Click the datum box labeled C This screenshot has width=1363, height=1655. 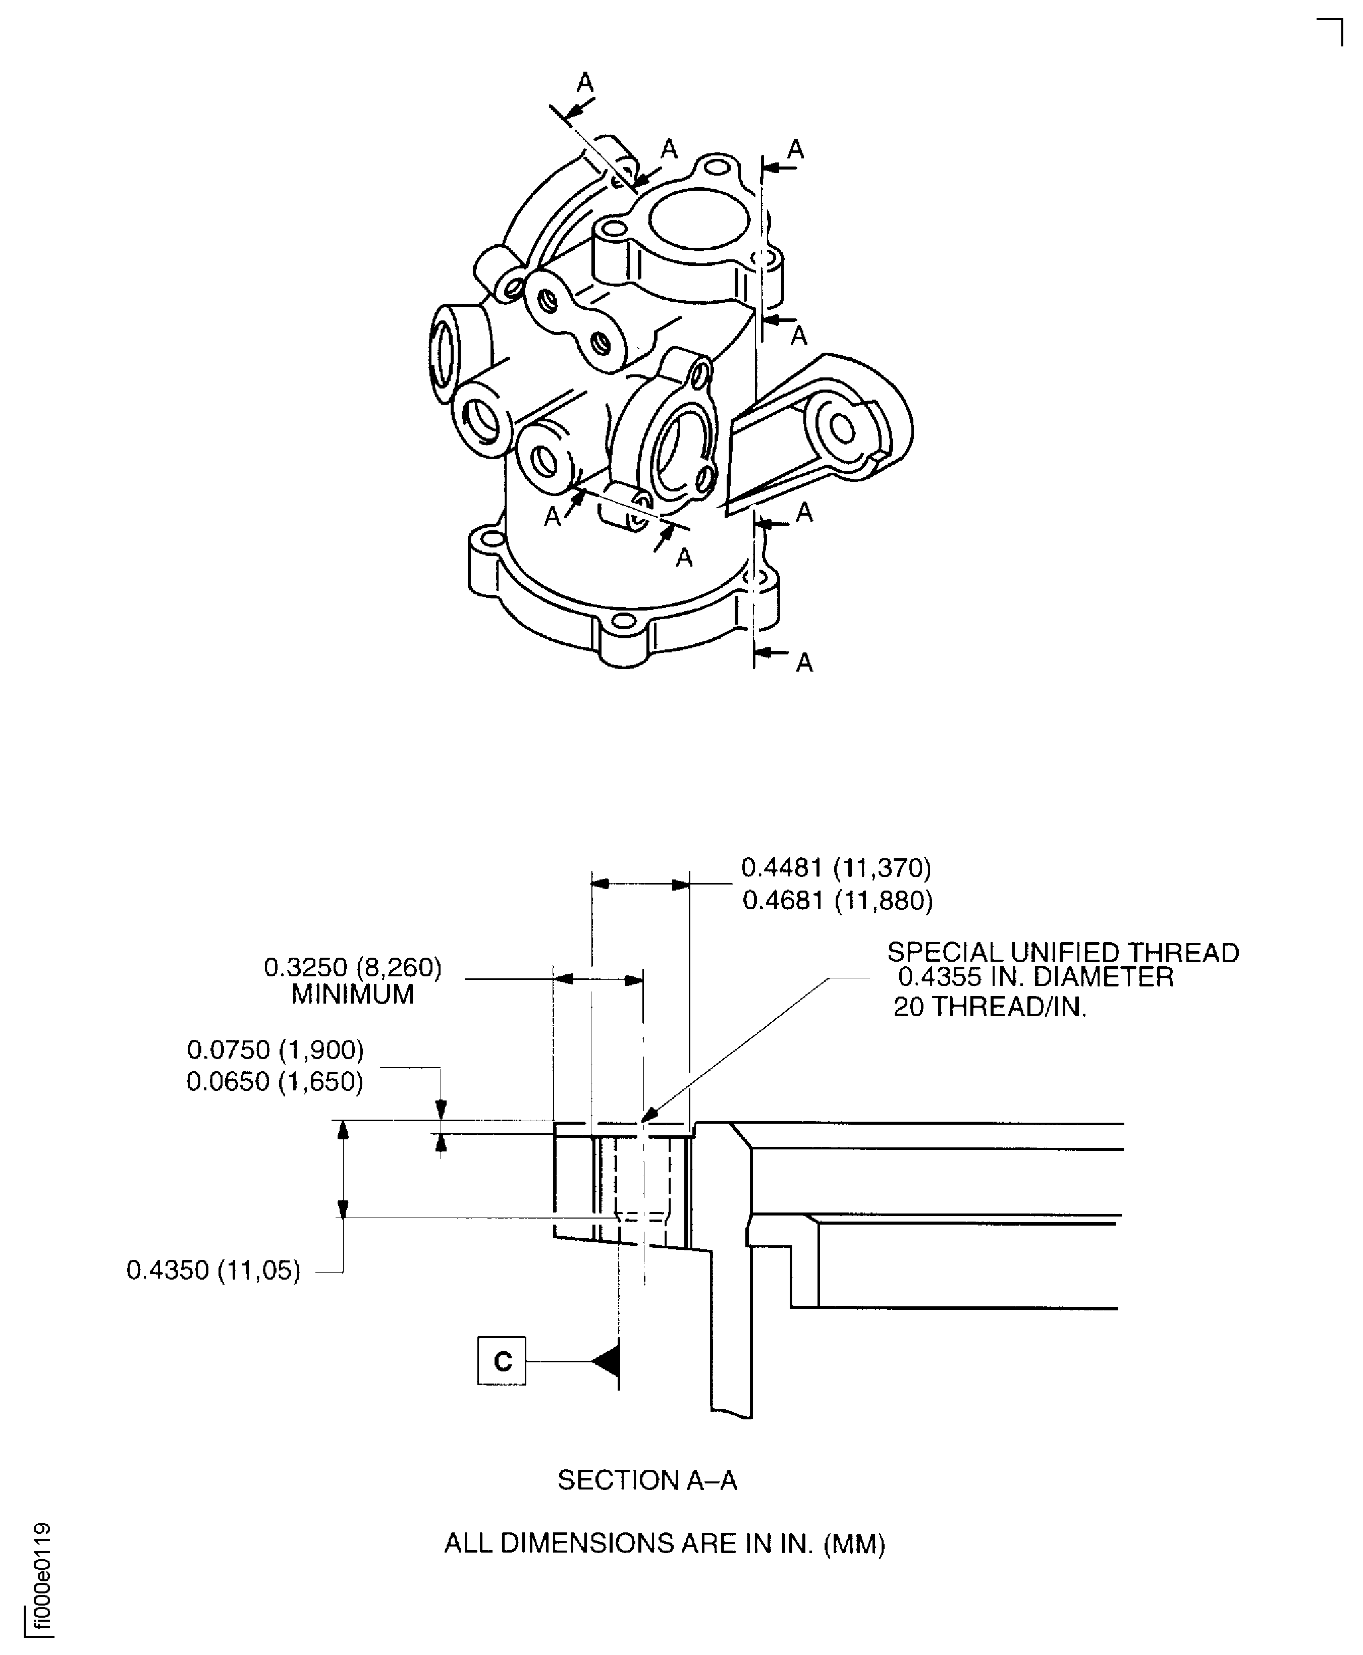pos(502,1361)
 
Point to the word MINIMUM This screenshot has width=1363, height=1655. pos(353,995)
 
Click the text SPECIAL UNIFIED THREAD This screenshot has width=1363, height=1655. pos(1063,952)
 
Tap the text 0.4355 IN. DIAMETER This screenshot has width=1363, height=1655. pos(1035,977)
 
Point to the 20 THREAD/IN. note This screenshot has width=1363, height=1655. pos(990,1007)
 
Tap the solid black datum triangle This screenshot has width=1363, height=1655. pos(606,1361)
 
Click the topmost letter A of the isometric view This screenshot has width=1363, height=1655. pos(585,82)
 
